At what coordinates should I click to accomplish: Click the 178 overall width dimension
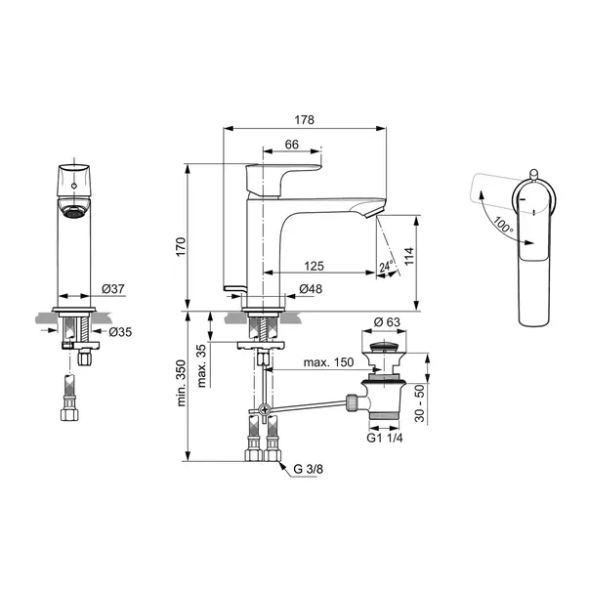[x=304, y=120]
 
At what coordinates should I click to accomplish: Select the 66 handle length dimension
[x=292, y=145]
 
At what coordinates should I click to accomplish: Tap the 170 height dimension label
[x=181, y=247]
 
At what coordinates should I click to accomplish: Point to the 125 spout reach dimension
[x=314, y=266]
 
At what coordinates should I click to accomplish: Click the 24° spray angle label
[x=386, y=266]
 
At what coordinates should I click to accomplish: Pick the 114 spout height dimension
[x=409, y=256]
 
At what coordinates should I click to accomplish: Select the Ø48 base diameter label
[x=311, y=289]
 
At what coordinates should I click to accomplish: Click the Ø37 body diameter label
[x=112, y=289]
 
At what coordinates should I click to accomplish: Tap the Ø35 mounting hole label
[x=120, y=332]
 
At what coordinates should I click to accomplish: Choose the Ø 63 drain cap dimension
[x=387, y=322]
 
